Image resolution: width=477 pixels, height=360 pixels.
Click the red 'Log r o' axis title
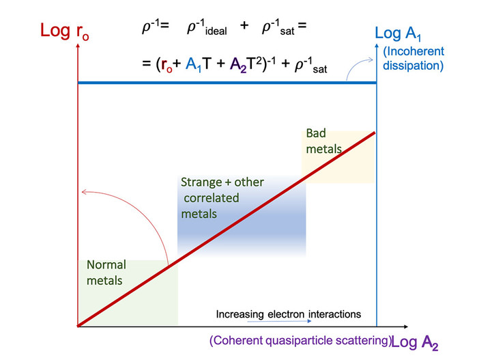pyautogui.click(x=65, y=31)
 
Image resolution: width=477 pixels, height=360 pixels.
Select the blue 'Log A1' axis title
pyautogui.click(x=398, y=33)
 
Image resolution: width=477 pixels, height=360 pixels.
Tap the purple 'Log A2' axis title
pyautogui.click(x=415, y=342)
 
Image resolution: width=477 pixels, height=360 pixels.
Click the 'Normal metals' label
pyautogui.click(x=106, y=273)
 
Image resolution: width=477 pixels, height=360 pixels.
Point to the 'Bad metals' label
pyautogui.click(x=323, y=141)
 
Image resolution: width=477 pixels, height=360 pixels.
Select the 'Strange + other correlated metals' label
pyautogui.click(x=222, y=198)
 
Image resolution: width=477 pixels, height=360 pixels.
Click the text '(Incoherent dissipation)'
pyautogui.click(x=414, y=59)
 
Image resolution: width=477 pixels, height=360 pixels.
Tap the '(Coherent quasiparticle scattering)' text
pyautogui.click(x=300, y=340)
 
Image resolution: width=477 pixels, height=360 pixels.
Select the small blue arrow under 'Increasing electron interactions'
pyautogui.click(x=279, y=321)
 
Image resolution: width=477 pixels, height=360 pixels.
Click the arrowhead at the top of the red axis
pyautogui.click(x=78, y=46)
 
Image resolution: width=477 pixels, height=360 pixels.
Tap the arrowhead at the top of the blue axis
pyautogui.click(x=377, y=46)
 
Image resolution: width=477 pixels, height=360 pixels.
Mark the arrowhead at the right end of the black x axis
pyautogui.click(x=406, y=327)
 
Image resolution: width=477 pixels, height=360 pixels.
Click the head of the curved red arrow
pyautogui.click(x=84, y=192)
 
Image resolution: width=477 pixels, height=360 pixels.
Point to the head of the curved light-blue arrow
pyautogui.click(x=371, y=59)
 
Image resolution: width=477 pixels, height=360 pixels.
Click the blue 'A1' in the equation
pyautogui.click(x=194, y=65)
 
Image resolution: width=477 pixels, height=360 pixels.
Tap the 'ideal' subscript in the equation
pyautogui.click(x=216, y=31)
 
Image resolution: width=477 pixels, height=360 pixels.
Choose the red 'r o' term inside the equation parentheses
pyautogui.click(x=167, y=65)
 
